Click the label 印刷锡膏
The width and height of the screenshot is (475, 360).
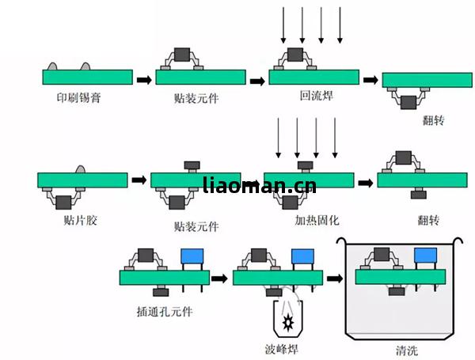(78, 98)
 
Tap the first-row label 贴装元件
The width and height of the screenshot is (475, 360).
(196, 99)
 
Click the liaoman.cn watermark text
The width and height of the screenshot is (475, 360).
(260, 187)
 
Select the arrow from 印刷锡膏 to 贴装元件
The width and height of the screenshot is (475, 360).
(143, 79)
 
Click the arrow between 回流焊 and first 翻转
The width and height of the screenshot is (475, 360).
(370, 79)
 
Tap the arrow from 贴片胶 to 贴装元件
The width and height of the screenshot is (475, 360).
(138, 181)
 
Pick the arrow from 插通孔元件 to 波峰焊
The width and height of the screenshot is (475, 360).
(220, 279)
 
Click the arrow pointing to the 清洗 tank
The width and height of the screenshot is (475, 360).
(335, 279)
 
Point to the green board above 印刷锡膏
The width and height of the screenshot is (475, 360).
(87, 77)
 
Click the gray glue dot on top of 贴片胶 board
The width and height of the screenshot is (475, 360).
(80, 169)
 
